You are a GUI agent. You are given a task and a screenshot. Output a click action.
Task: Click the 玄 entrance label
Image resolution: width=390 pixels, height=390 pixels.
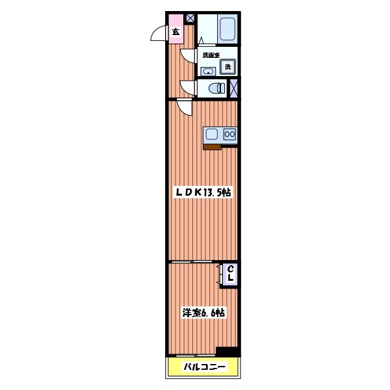pyautogui.click(x=175, y=31)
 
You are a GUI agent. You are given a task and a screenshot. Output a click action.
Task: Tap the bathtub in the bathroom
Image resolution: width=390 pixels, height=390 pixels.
pyautogui.click(x=227, y=29)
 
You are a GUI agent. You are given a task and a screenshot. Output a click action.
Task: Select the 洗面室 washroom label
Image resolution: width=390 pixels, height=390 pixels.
pyautogui.click(x=211, y=55)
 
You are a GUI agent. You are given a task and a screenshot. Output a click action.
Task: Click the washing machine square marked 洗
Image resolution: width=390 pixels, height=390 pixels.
pyautogui.click(x=227, y=66)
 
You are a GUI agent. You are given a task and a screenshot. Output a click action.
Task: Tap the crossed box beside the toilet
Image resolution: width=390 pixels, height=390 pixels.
pyautogui.click(x=234, y=88)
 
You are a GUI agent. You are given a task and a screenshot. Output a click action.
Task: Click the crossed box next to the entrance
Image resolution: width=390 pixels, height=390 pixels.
pyautogui.click(x=190, y=18)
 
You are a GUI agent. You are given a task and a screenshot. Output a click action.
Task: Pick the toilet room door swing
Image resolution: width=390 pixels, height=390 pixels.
pyautogui.click(x=187, y=88)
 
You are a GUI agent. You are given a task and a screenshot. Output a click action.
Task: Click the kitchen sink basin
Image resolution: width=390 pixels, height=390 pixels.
pyautogui.click(x=212, y=135)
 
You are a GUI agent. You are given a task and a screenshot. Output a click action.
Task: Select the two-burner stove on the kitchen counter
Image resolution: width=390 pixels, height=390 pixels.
pyautogui.click(x=229, y=135)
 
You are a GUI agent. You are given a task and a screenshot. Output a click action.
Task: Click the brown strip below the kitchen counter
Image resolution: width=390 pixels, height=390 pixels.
pyautogui.click(x=213, y=147)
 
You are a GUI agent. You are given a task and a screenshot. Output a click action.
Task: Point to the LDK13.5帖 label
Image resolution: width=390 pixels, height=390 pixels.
pyautogui.click(x=203, y=193)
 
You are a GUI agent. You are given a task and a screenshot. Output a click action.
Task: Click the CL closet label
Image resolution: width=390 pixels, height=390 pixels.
pyautogui.click(x=230, y=274)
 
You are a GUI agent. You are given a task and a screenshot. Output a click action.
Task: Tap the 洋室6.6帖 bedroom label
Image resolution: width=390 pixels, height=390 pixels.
pyautogui.click(x=203, y=313)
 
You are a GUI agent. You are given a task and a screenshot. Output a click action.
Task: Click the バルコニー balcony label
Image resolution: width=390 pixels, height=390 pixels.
pyautogui.click(x=203, y=367)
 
